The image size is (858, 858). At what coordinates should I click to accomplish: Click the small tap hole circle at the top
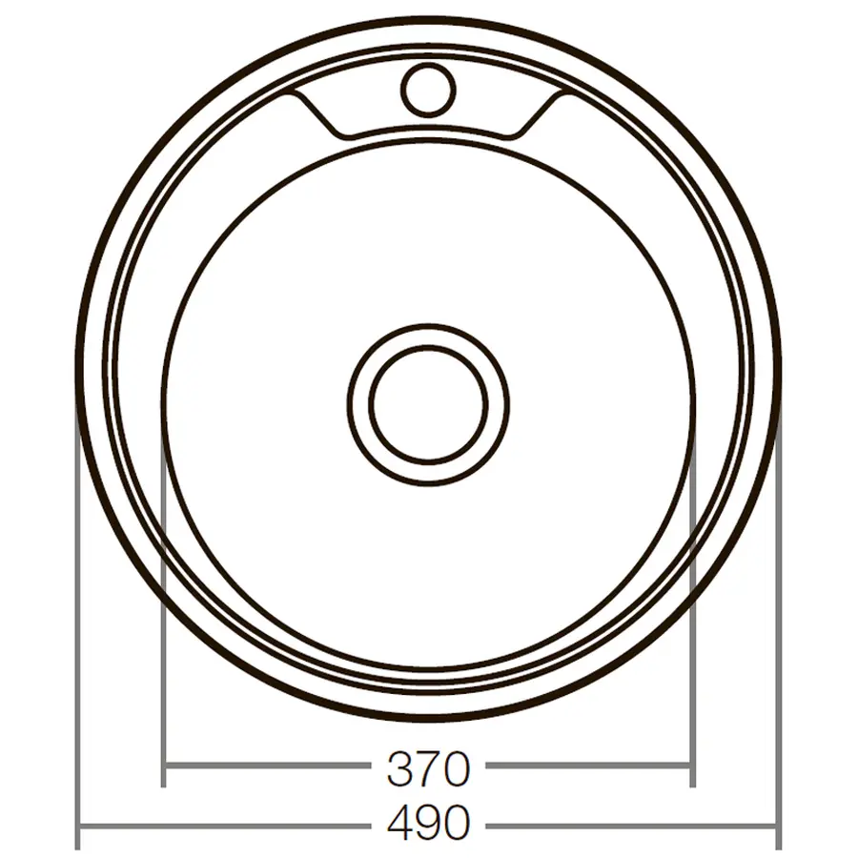pyautogui.click(x=427, y=90)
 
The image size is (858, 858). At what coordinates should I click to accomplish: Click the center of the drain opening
pyautogui.click(x=428, y=405)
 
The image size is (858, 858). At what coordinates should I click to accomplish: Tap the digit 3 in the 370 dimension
pyautogui.click(x=399, y=768)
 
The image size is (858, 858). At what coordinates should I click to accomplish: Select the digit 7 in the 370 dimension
pyautogui.click(x=428, y=768)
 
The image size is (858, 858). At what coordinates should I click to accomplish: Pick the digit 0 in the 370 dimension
pyautogui.click(x=456, y=768)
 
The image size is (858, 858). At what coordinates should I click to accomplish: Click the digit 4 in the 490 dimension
pyautogui.click(x=399, y=822)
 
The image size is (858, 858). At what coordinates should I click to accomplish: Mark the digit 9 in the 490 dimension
pyautogui.click(x=428, y=822)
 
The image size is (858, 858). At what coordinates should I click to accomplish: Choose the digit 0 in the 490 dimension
pyautogui.click(x=456, y=822)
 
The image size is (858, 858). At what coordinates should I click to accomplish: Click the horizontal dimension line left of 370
pyautogui.click(x=267, y=765)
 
